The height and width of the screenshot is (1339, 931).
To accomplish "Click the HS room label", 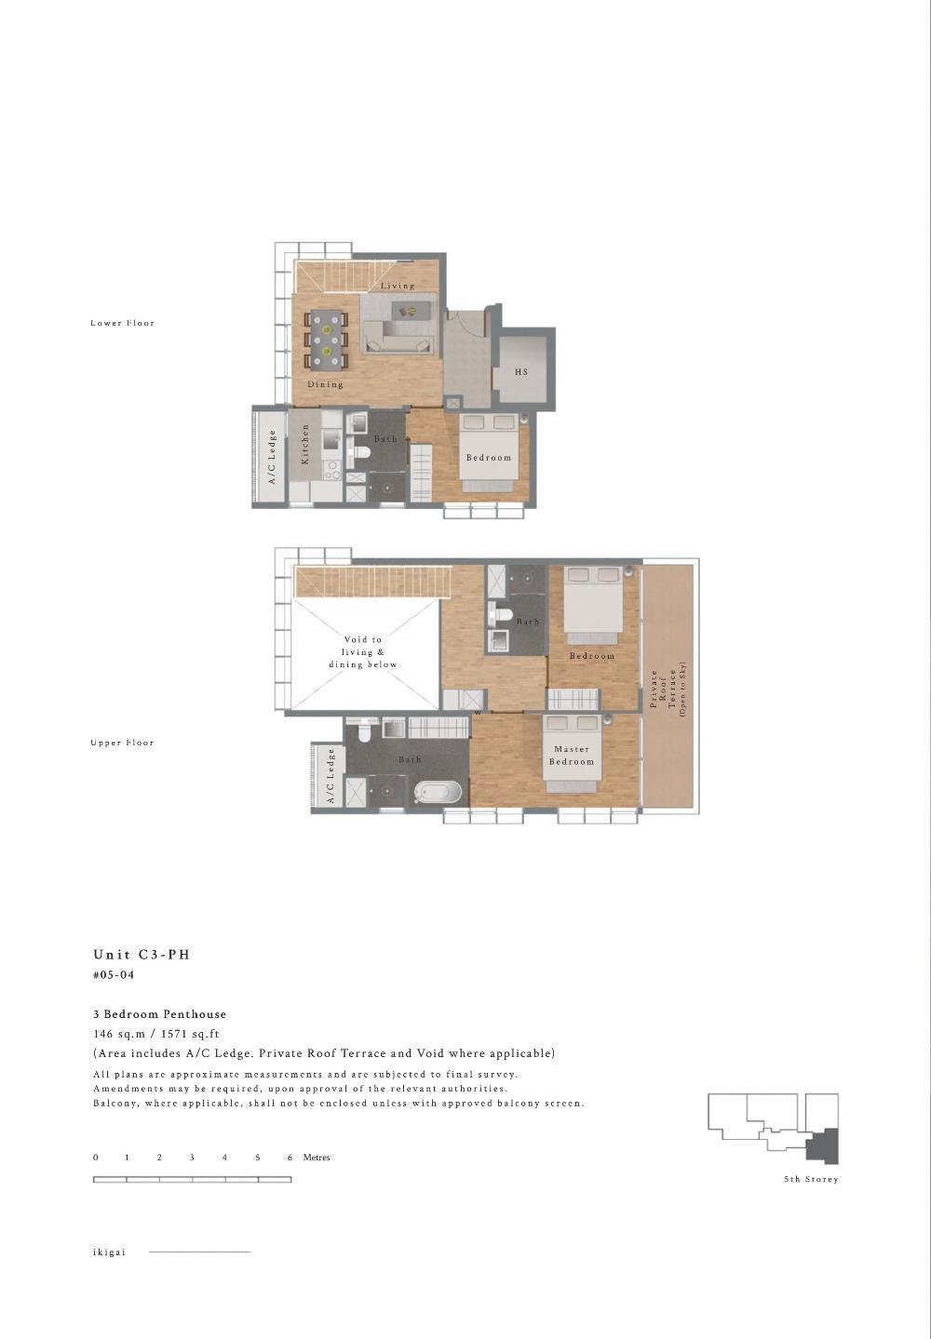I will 521,372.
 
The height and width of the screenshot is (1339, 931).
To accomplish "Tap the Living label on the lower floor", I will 398,286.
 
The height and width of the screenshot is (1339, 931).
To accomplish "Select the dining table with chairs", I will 326,341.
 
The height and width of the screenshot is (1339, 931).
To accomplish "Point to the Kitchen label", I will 305,445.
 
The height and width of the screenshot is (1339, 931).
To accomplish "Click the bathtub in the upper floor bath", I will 438,793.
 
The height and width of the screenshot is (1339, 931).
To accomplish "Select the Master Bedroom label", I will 572,756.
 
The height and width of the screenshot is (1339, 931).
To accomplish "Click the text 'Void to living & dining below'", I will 363,652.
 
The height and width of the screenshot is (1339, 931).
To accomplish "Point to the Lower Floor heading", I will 123,323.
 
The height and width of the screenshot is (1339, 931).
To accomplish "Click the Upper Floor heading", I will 123,743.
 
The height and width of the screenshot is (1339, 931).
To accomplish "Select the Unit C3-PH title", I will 142,955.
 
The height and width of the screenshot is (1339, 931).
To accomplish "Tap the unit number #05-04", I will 114,975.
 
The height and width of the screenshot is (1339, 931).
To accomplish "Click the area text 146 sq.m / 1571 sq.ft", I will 156,1034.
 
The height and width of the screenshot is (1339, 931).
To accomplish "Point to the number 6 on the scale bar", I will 290,1158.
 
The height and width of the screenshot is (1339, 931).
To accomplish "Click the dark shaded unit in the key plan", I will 824,1145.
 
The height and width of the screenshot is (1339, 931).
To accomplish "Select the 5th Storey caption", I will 810,1179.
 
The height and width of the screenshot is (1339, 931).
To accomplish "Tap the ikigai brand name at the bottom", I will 109,1252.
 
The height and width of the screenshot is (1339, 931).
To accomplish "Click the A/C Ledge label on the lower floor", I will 273,457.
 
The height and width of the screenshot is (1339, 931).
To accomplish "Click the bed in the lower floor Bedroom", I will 489,452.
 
